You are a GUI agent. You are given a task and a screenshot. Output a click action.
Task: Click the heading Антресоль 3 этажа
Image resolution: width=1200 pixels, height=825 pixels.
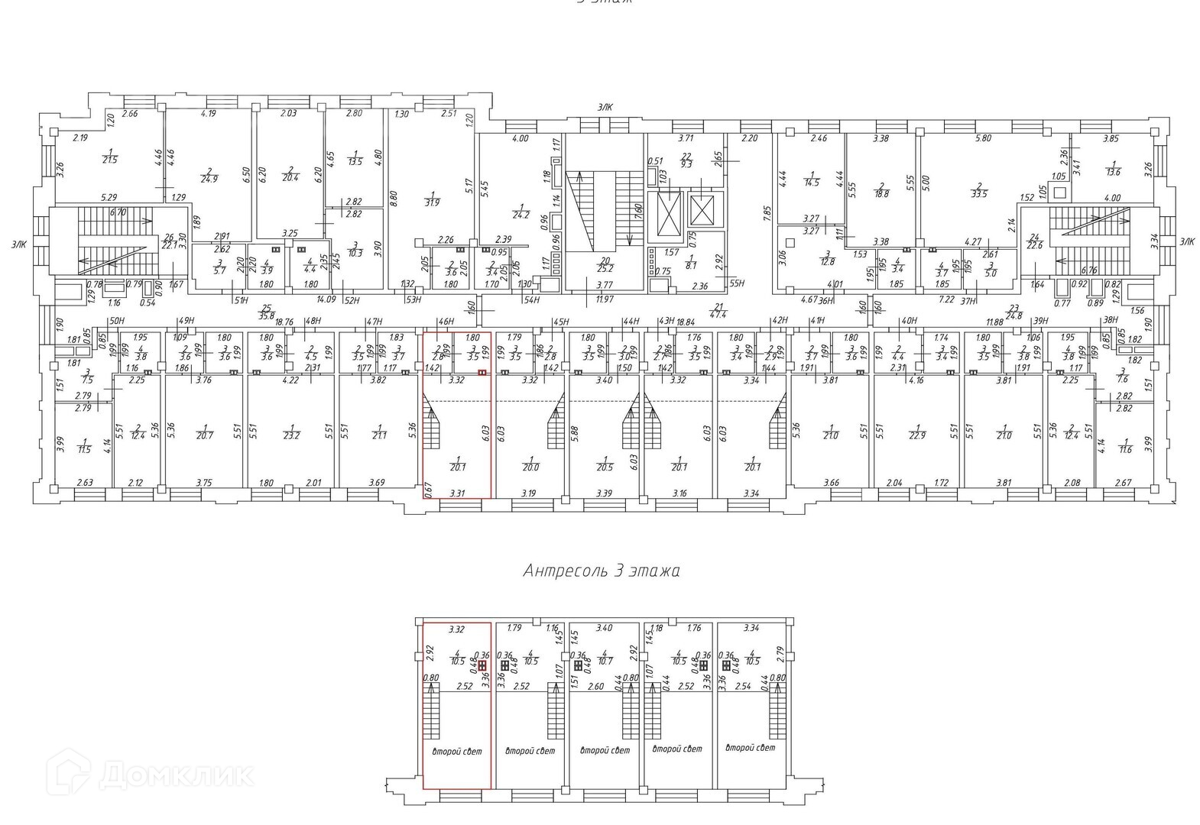click(x=601, y=571)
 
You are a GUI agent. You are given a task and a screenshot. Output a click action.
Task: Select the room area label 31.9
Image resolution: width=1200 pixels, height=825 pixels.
click(x=433, y=202)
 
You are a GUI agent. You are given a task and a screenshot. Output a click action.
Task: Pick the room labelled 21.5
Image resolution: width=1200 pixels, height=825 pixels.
click(x=110, y=159)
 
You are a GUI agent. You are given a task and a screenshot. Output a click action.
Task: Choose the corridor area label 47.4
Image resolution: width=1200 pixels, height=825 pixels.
click(x=718, y=312)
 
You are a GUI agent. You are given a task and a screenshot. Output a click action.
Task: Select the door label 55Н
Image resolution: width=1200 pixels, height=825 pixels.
click(x=736, y=283)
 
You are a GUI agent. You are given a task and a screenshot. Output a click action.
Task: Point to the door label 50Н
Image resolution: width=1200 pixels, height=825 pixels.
click(x=116, y=321)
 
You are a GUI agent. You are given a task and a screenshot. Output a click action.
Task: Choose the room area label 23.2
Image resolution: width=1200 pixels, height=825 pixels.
click(x=291, y=435)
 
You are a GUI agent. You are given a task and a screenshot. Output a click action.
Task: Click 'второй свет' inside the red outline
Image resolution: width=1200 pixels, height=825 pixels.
click(x=457, y=752)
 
